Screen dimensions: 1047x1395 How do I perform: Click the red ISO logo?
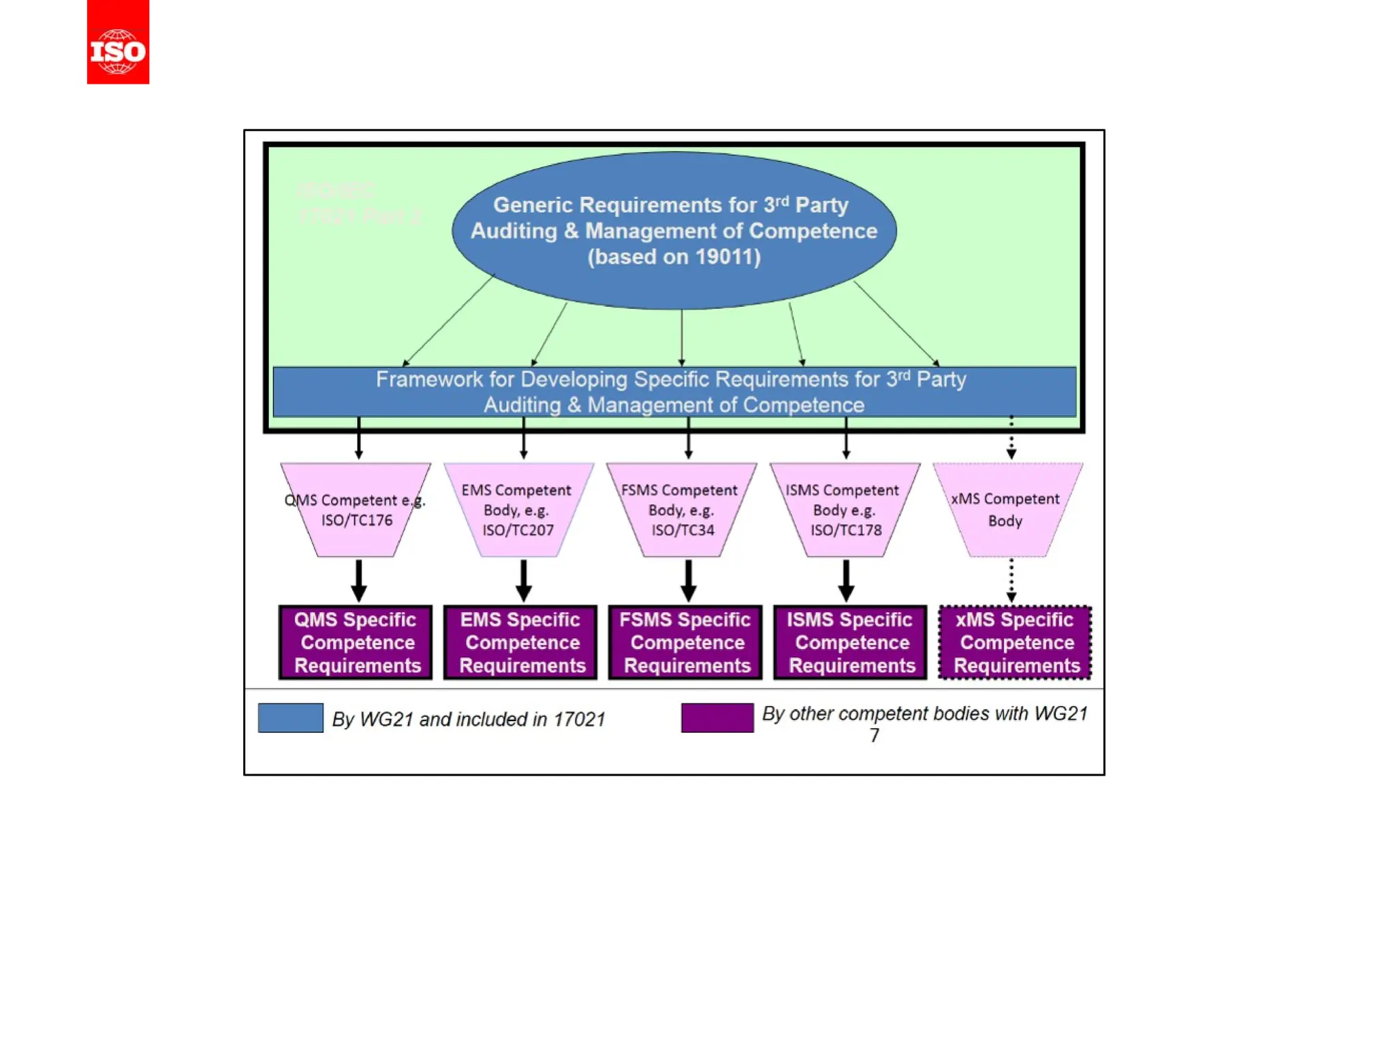pos(118,42)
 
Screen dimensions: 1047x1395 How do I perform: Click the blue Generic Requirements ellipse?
pos(674,230)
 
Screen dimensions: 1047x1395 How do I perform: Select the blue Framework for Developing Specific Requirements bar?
pos(674,392)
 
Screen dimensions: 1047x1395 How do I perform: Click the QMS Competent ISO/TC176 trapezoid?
pos(356,511)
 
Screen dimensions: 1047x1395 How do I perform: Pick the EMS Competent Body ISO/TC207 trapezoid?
pos(518,511)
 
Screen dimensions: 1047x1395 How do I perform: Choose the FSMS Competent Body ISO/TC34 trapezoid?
pos(681,511)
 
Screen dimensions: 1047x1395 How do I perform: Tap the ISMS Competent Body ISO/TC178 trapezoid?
pos(845,511)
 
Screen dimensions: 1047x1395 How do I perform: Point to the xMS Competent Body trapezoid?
pos(1007,511)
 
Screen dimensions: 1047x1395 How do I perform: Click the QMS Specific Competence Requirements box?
pos(356,642)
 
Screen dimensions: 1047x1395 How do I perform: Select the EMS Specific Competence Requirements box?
pos(521,642)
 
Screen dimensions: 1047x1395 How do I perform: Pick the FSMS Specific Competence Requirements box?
pos(686,642)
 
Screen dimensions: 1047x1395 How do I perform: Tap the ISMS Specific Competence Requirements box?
pos(851,642)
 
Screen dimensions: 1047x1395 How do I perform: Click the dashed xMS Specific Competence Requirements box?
pos(1016,642)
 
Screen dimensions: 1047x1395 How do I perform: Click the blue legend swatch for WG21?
pos(291,718)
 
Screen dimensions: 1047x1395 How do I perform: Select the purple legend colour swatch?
pos(717,718)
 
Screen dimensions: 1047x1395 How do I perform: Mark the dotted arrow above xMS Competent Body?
pos(1012,438)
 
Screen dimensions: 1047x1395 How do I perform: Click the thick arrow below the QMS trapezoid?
pos(359,581)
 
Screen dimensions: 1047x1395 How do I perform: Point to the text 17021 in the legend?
pos(579,719)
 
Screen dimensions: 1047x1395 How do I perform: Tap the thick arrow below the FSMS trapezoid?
pos(689,581)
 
